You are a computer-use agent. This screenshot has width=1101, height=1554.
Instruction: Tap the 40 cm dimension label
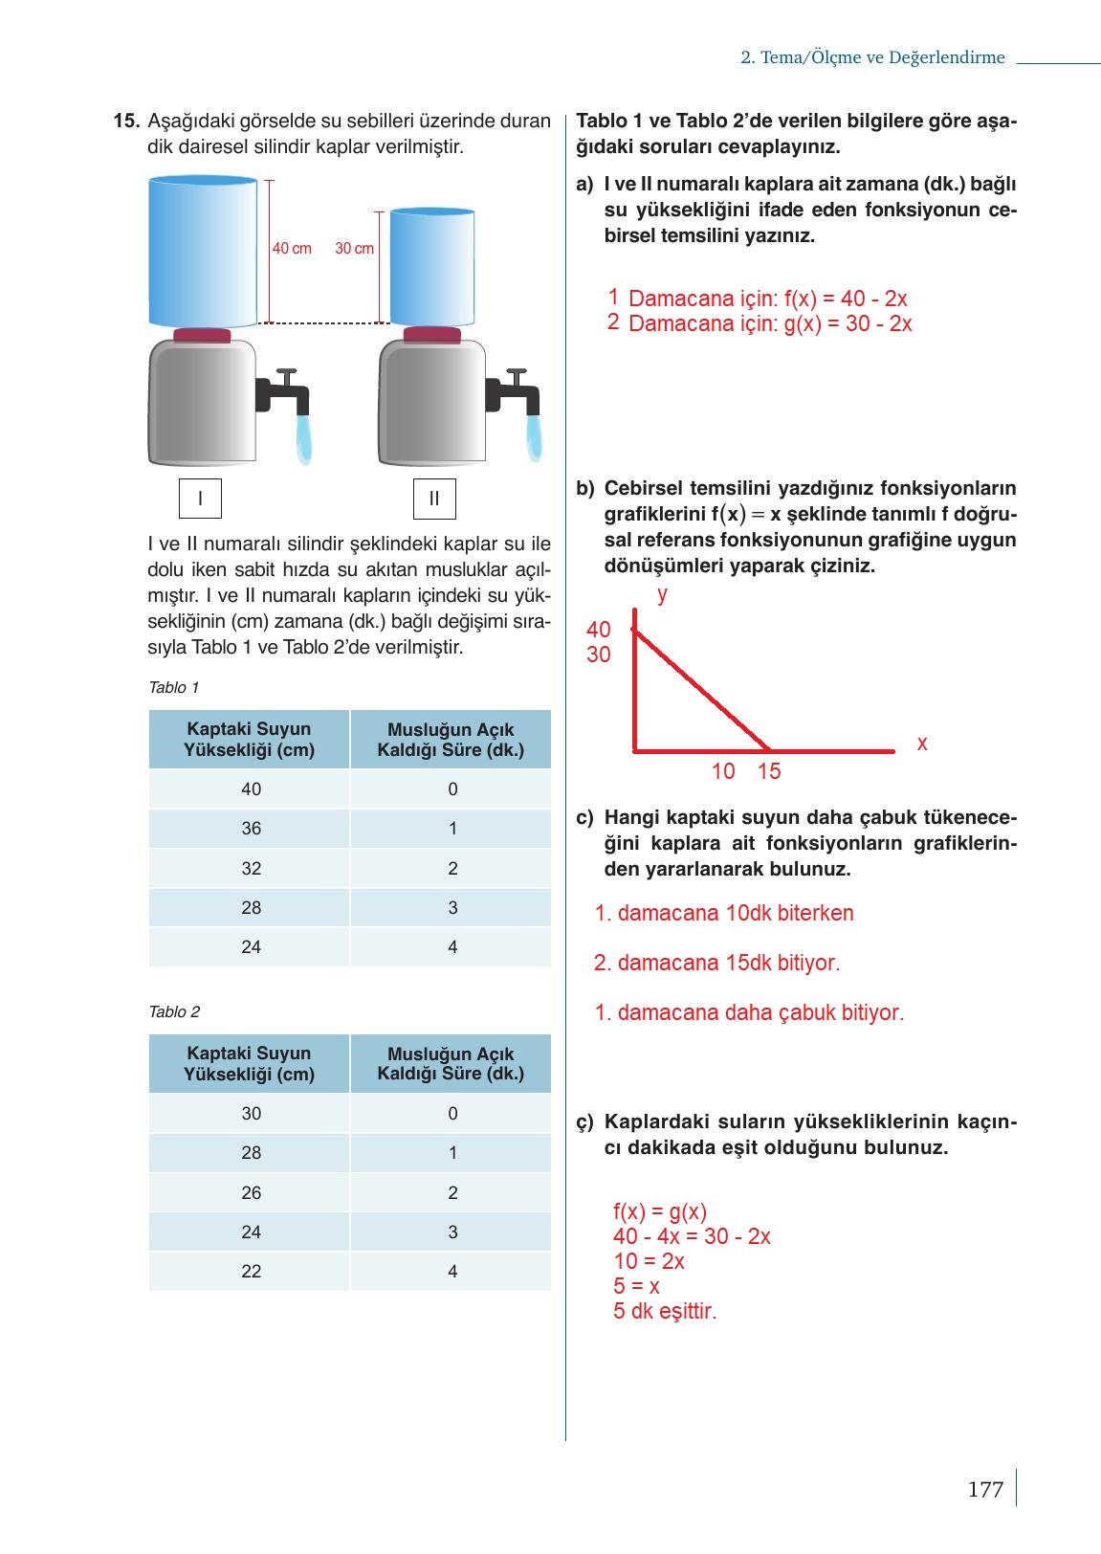coord(292,249)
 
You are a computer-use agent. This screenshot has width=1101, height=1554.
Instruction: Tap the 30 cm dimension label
coord(354,249)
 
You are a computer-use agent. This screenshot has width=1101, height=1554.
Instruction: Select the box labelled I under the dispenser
coord(200,499)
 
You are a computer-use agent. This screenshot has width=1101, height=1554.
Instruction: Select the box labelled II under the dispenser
coord(434,499)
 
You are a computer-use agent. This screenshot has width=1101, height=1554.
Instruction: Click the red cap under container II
coord(432,335)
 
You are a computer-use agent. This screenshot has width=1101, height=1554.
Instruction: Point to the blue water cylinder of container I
coord(203,252)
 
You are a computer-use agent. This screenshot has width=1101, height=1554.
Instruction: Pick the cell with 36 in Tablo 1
coord(251,829)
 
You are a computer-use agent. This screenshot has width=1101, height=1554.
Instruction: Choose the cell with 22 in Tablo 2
coord(251,1272)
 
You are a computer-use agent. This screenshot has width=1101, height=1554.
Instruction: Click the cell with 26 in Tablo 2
coord(251,1193)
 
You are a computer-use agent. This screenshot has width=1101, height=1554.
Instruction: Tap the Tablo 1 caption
coord(174,688)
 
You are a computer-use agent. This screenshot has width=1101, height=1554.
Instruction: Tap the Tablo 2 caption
coord(174,1012)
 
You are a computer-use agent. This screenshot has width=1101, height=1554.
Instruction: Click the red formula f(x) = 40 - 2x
coord(768,299)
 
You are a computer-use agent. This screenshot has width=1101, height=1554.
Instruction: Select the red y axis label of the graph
coord(662,595)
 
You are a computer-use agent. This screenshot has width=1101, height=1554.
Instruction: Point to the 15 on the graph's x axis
coord(769,771)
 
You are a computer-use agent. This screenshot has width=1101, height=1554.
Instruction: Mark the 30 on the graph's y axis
coord(599,655)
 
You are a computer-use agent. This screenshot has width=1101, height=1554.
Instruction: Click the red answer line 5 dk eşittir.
coord(665,1312)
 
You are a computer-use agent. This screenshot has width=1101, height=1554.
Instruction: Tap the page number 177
coord(985,1490)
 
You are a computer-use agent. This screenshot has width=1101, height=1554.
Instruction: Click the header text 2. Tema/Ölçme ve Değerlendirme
coord(872,57)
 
